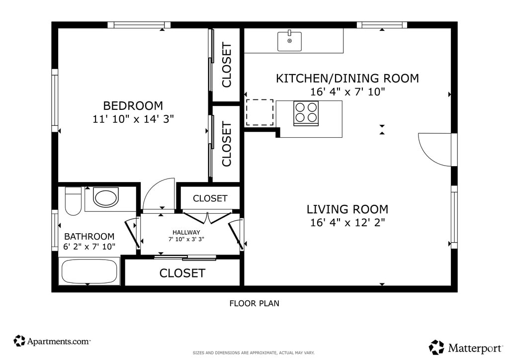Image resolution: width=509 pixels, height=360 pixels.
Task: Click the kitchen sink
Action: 290,41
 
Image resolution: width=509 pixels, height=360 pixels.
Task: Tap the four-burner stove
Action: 306,113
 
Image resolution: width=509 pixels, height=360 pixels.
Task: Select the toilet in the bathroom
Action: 73,201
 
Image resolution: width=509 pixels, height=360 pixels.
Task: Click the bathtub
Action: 89,271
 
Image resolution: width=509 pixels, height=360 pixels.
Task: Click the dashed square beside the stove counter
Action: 259,112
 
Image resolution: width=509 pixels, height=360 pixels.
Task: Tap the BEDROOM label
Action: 133,106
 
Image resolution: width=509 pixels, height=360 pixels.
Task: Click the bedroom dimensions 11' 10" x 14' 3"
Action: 133,119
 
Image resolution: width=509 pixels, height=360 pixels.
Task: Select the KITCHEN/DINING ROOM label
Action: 347,79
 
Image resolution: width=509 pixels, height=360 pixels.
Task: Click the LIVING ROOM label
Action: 347,209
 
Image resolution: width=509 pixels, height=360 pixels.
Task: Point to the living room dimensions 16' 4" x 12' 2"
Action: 347,223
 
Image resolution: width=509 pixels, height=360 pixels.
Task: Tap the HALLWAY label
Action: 186,232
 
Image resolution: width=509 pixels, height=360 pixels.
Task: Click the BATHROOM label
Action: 89,236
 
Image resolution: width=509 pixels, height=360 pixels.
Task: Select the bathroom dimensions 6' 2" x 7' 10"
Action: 89,247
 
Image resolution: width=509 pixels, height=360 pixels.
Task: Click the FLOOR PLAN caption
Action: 254,303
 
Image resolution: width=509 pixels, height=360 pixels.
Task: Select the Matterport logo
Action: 465,348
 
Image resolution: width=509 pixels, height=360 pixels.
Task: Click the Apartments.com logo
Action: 52,341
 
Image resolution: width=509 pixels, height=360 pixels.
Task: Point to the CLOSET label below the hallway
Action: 182,273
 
